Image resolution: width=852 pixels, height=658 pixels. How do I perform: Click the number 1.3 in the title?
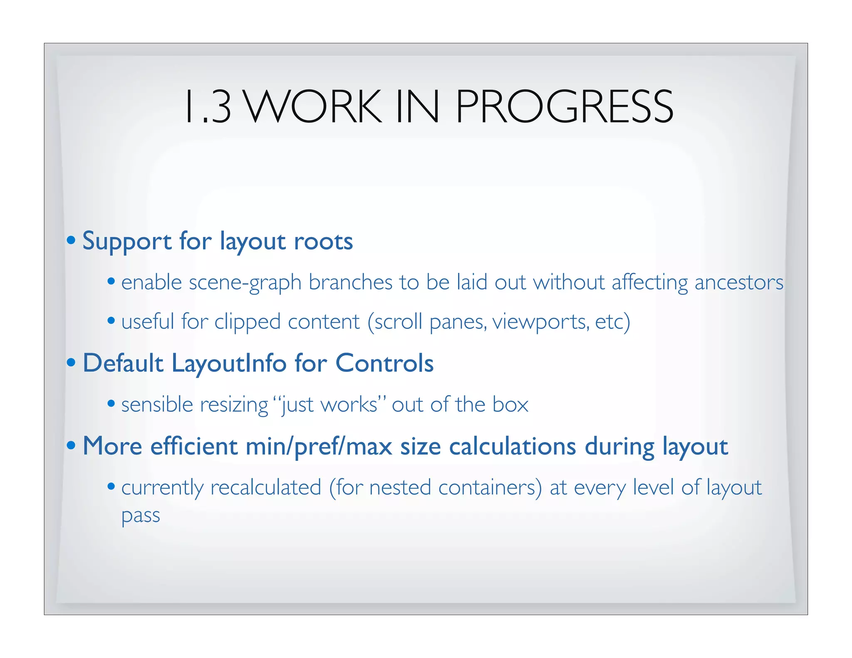[x=208, y=107]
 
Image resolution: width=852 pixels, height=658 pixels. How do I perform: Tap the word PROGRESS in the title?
[x=564, y=107]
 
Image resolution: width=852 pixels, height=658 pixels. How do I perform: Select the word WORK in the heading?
[x=313, y=107]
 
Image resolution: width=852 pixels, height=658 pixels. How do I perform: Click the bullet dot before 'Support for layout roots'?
[x=72, y=240]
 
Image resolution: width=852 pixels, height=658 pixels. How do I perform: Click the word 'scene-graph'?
[x=245, y=283]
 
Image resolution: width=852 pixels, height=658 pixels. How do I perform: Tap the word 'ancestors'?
[x=739, y=282]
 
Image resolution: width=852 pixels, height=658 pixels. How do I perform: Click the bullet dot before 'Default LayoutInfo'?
[x=72, y=362]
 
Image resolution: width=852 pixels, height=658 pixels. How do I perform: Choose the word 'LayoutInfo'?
[x=229, y=363]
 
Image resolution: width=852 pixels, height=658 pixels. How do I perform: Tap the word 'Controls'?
[x=384, y=363]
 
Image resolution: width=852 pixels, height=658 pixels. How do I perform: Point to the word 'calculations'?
[x=513, y=446]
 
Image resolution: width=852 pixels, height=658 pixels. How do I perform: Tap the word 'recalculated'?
[x=266, y=487]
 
